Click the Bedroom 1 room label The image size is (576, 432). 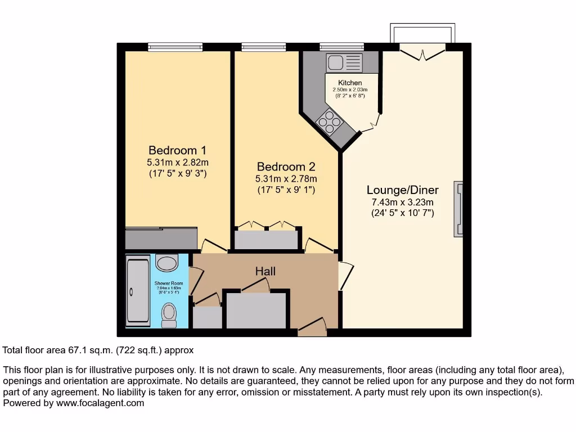[177, 151]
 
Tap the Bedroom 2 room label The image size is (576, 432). [286, 167]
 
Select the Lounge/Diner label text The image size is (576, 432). [402, 190]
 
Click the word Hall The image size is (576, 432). [265, 272]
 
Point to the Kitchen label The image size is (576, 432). [350, 83]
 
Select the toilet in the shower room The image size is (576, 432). [169, 315]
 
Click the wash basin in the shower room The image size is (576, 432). [166, 262]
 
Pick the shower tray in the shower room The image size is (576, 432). [138, 291]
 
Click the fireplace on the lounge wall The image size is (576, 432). [458, 209]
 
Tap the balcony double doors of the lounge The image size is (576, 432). [422, 52]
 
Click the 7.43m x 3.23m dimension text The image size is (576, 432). [402, 202]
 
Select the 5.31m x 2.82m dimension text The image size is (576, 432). [177, 163]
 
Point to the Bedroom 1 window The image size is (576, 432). [175, 47]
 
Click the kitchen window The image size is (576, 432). [341, 47]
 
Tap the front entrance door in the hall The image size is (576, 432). [312, 327]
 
